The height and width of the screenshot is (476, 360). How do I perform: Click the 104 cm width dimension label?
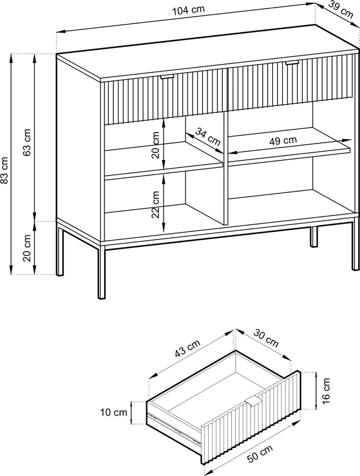(x=188, y=10)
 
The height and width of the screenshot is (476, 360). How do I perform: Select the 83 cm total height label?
(x=5, y=170)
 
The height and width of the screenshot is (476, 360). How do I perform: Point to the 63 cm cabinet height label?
(x=27, y=142)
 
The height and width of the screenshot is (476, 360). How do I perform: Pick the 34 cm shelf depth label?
(x=208, y=136)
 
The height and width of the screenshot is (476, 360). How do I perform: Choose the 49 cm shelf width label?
(x=283, y=141)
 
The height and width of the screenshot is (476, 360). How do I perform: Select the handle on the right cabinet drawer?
(x=292, y=63)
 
